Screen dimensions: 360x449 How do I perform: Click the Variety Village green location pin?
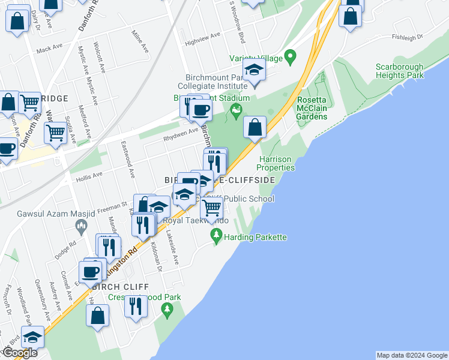pos(291,58)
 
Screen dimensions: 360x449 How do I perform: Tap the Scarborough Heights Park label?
pos(400,71)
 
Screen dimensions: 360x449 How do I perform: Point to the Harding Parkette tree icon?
pos(216,236)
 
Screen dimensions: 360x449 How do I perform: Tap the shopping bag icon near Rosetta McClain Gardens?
pos(255,127)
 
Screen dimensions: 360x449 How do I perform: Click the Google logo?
pos(20,353)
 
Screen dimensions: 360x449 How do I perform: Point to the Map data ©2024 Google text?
pos(411,355)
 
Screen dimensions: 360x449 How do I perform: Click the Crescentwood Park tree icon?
pos(167,310)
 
